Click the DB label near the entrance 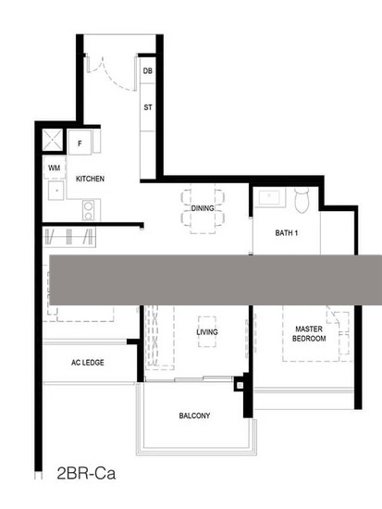tap(148, 70)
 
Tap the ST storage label tap(148, 107)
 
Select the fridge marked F tap(80, 143)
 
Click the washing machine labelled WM tap(55, 168)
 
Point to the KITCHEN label tap(90, 179)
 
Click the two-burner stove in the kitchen tap(88, 210)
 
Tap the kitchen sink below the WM tap(55, 191)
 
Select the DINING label tap(203, 208)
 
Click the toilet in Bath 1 tap(302, 200)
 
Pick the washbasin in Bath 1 tap(269, 197)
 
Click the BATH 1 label tap(286, 232)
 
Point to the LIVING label tap(207, 332)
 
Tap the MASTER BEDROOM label tap(309, 334)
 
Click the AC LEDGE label tap(88, 363)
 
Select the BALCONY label tap(194, 416)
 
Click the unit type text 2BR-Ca tap(86, 473)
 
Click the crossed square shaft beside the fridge tap(53, 140)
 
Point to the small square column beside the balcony tap(240, 385)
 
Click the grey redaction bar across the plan tap(216, 279)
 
